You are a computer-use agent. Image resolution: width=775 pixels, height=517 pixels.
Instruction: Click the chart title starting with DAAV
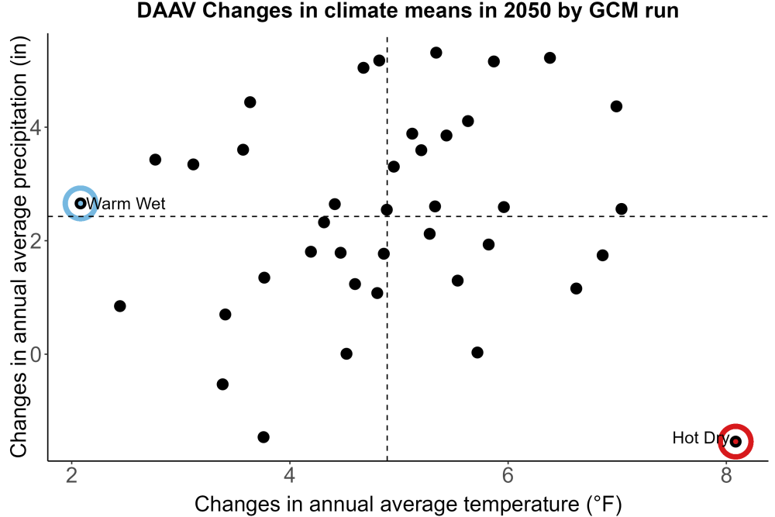point(408,10)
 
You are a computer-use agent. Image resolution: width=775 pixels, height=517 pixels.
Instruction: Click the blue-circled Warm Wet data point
point(81,203)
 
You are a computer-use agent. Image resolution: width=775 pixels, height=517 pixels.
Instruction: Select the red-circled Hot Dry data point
point(736,441)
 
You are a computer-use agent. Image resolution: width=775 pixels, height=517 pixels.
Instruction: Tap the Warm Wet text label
point(126,204)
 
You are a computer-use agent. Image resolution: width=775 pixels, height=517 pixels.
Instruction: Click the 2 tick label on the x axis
point(72,475)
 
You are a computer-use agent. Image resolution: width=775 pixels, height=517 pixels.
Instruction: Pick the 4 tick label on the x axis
point(290,475)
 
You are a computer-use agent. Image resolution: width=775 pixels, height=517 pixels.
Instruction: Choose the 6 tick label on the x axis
point(508,475)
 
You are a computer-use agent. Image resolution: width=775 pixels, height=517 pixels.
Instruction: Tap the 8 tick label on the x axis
point(726,475)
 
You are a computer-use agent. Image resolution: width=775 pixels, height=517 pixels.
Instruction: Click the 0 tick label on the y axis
point(36,354)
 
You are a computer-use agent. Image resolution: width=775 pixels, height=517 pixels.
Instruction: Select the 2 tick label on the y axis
point(36,241)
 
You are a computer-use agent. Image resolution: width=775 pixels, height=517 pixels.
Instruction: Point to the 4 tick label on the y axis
point(36,128)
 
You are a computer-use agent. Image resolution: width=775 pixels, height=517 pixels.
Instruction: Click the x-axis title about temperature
point(408,505)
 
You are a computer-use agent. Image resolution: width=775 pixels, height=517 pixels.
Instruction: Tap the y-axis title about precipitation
point(19,247)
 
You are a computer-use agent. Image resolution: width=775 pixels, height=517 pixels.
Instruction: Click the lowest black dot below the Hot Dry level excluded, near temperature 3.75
point(263,437)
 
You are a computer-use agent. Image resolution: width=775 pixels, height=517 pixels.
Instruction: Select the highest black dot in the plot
point(436,53)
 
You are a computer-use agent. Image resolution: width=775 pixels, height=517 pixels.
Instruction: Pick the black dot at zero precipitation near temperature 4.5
point(346,354)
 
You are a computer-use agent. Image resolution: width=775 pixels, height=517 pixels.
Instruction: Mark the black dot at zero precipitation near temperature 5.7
point(477,353)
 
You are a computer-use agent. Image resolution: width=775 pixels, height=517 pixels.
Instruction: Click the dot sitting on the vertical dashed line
point(387,210)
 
